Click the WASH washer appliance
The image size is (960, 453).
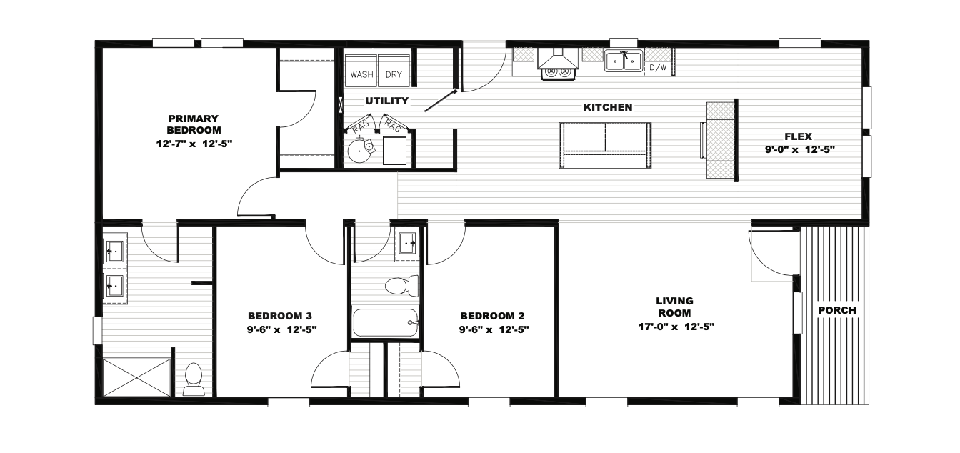click(361, 71)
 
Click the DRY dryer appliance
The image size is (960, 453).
click(394, 71)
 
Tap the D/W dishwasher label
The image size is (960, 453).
click(658, 68)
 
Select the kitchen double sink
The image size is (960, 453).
click(624, 61)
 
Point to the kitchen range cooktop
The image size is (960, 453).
click(558, 74)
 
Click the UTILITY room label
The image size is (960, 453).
click(386, 101)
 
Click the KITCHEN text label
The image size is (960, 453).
click(608, 107)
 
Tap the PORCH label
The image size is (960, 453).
click(837, 310)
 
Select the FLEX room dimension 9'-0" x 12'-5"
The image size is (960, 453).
click(800, 149)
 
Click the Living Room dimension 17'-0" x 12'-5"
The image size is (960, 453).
click(676, 327)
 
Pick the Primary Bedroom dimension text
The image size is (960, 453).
click(194, 144)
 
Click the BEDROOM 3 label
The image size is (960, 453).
click(280, 317)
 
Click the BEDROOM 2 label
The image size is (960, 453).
click(492, 317)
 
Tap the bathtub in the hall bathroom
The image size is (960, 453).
click(385, 323)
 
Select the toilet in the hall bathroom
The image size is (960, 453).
click(402, 286)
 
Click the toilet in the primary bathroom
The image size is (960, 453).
click(194, 379)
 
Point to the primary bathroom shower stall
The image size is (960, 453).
click(136, 377)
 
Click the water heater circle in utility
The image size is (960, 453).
click(359, 150)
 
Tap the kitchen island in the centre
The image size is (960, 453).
click(605, 145)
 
